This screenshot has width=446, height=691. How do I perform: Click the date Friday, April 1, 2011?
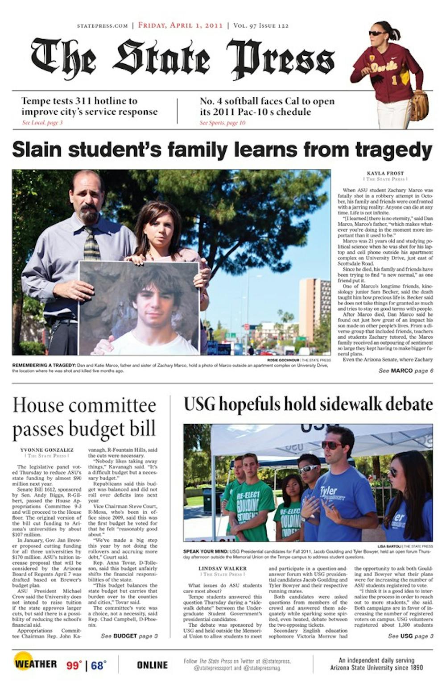coord(180,25)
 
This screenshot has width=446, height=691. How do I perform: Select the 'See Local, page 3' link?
coord(42,123)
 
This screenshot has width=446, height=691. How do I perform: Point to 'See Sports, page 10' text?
coord(222,123)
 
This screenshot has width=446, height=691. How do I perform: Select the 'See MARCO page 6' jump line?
coord(405,370)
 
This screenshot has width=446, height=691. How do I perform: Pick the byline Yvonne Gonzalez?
coord(47,450)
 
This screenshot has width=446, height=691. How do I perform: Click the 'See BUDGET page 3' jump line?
coord(129,636)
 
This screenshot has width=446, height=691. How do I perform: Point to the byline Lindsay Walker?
coord(223,569)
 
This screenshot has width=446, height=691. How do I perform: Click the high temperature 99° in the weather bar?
coord(74,665)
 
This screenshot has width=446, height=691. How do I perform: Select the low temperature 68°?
coord(99,665)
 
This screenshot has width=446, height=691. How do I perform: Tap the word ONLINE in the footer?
coord(152,665)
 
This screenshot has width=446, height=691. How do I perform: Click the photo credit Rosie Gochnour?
coord(283,360)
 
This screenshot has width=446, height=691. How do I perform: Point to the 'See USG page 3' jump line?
coord(410,636)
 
